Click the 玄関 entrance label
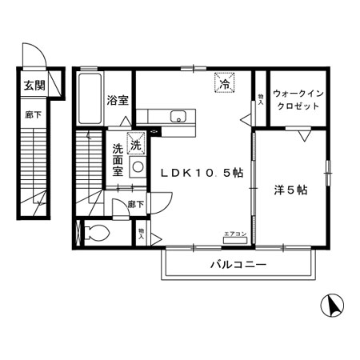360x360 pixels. tap(33, 86)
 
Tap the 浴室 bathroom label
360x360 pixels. tap(118, 100)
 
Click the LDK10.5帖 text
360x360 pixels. tap(203, 172)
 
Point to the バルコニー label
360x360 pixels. tap(238, 263)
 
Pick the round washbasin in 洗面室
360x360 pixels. tap(137, 167)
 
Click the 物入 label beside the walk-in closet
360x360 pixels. tap(261, 98)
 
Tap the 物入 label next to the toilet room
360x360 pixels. tap(141, 233)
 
